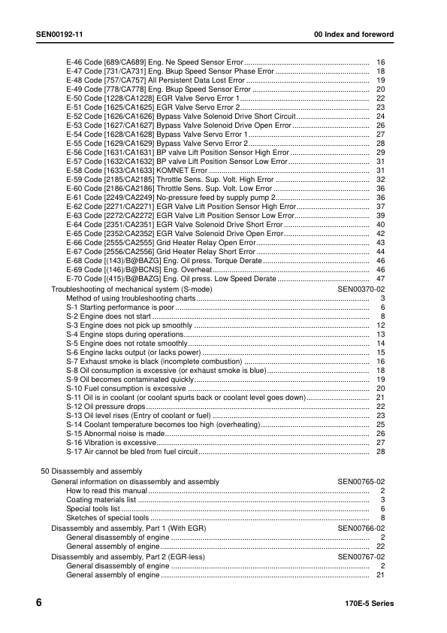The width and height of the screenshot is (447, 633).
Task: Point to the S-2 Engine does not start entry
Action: [x=109, y=316]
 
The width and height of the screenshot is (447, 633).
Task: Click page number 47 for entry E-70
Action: [x=380, y=279]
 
